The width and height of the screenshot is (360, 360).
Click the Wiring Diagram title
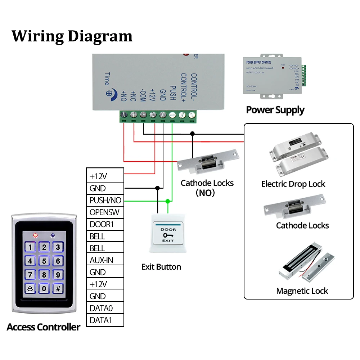[72, 36]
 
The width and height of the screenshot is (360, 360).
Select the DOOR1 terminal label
[102, 224]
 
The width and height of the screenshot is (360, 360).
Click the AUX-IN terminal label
[102, 260]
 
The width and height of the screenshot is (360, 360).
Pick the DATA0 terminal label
[102, 308]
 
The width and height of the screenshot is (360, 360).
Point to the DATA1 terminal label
[102, 320]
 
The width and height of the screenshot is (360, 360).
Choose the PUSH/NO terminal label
[105, 200]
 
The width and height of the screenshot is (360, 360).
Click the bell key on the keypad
[30, 288]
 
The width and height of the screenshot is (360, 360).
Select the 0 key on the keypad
[44, 288]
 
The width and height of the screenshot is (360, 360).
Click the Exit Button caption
[161, 267]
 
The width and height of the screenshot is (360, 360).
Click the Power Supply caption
[275, 110]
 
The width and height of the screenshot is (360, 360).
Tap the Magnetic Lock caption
[302, 291]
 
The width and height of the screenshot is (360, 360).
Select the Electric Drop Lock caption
[293, 184]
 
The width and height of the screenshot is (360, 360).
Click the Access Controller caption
[43, 327]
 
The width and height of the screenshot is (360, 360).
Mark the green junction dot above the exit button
[167, 200]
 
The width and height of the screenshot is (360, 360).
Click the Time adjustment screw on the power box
[109, 92]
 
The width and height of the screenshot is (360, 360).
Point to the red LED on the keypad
[35, 236]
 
